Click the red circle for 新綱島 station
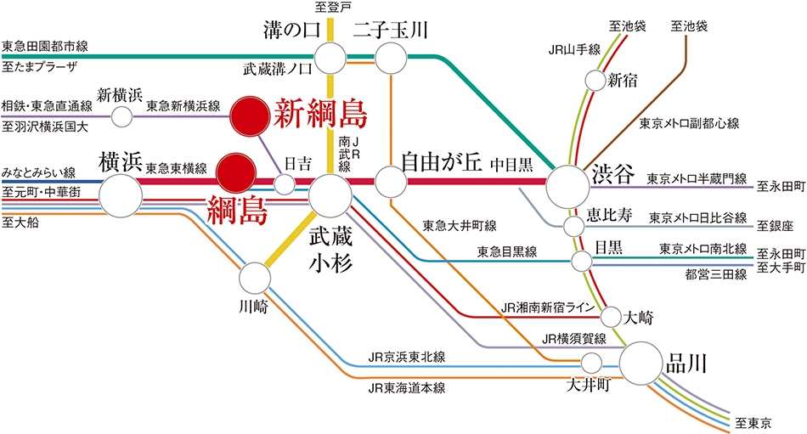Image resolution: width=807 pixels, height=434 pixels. pyautogui.click(x=250, y=117)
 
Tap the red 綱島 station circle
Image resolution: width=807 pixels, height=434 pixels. pyautogui.click(x=235, y=173)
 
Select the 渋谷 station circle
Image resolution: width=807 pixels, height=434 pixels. pyautogui.click(x=567, y=188)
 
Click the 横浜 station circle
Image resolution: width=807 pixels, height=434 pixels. pyautogui.click(x=121, y=195)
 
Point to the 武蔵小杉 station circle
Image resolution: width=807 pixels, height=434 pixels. pyautogui.click(x=330, y=195)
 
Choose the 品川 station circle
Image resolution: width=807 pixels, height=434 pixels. pyautogui.click(x=641, y=364)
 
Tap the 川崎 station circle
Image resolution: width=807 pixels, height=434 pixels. pyautogui.click(x=255, y=278)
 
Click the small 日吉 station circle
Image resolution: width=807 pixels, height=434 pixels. pyautogui.click(x=285, y=183)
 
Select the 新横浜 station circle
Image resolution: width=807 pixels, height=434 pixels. pyautogui.click(x=122, y=117)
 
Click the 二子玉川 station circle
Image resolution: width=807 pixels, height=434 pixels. pyautogui.click(x=391, y=58)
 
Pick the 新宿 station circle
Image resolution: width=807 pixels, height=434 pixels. pyautogui.click(x=595, y=81)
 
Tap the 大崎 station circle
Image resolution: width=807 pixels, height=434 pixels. pyautogui.click(x=611, y=317)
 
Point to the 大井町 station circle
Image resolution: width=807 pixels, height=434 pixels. pyautogui.click(x=591, y=363)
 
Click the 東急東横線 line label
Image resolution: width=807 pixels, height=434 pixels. pyautogui.click(x=176, y=168)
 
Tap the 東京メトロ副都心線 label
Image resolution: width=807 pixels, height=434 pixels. pyautogui.click(x=689, y=123)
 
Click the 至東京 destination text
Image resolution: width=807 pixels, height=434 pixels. pyautogui.click(x=753, y=423)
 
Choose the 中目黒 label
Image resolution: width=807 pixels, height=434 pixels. pyautogui.click(x=511, y=165)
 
